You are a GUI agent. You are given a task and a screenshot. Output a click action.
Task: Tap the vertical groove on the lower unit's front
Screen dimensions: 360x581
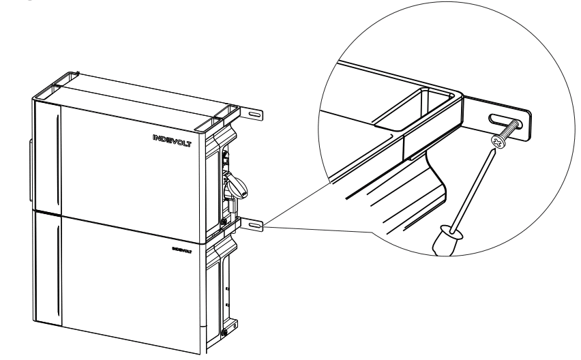60,273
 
